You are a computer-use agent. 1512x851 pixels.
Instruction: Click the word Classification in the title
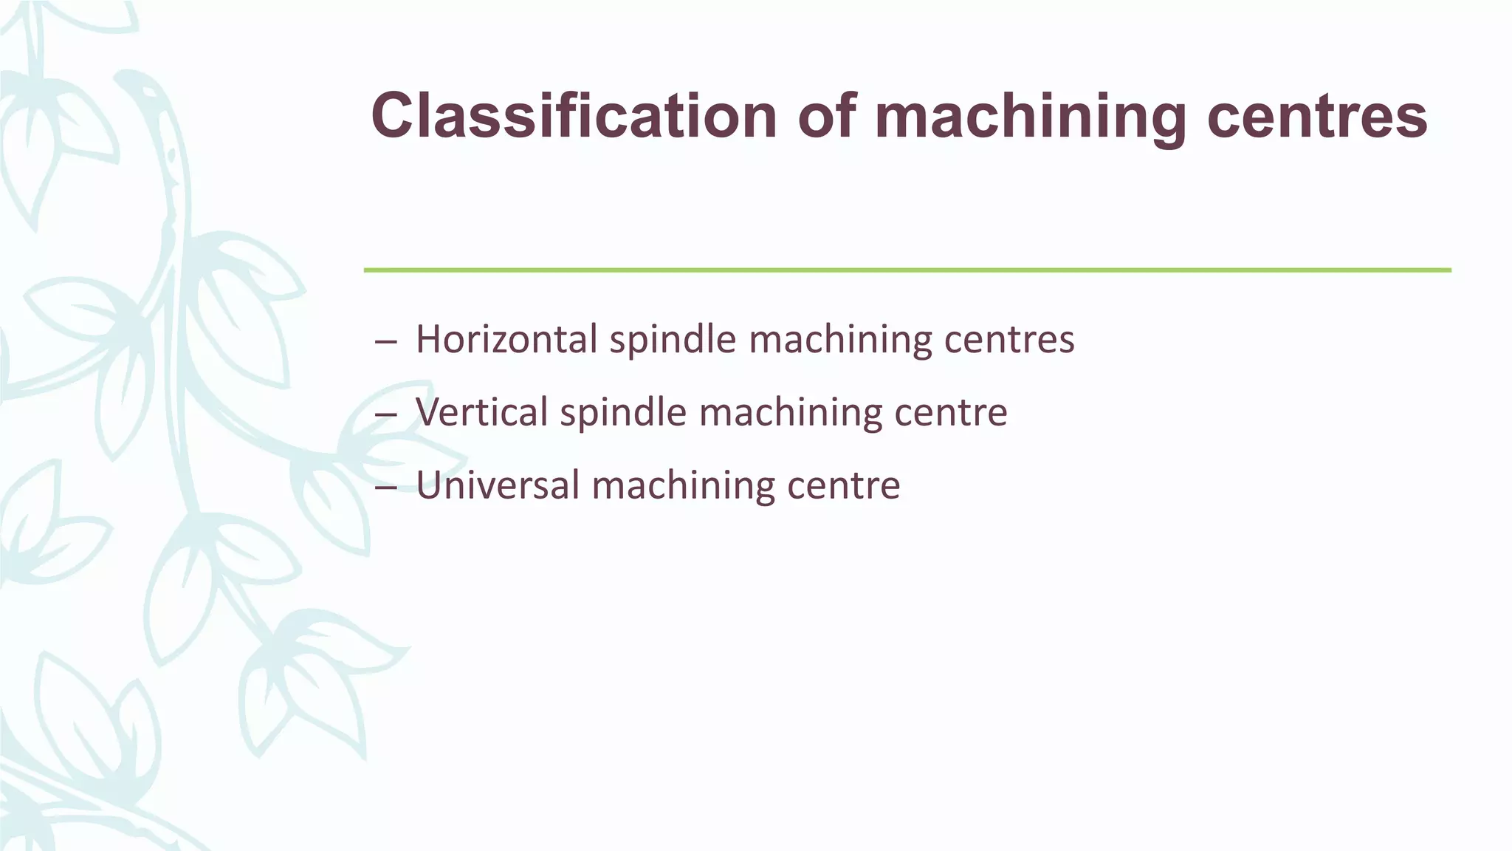pyautogui.click(x=574, y=116)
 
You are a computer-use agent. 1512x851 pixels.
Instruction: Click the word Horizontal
pyautogui.click(x=506, y=339)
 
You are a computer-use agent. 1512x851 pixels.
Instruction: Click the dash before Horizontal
pyautogui.click(x=386, y=342)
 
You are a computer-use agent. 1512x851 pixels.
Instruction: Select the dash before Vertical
pyautogui.click(x=386, y=414)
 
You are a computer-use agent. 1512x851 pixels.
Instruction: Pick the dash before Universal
pyautogui.click(x=386, y=488)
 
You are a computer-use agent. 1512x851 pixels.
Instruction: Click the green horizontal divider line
pyautogui.click(x=907, y=270)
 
